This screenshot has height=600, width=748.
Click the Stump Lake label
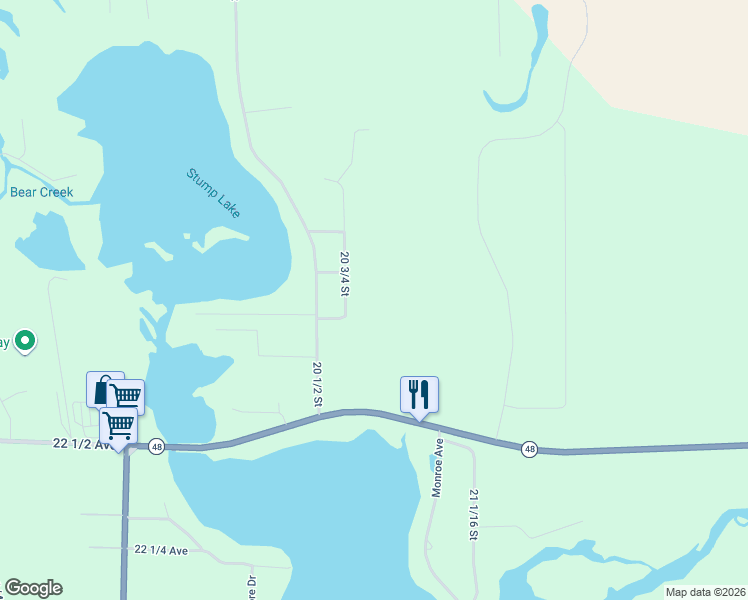213,192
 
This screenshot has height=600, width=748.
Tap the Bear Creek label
42,192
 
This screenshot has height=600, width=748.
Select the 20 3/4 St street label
345,271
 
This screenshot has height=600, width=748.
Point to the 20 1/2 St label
317,384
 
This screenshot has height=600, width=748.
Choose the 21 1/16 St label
473,515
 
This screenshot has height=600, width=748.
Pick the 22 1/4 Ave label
160,551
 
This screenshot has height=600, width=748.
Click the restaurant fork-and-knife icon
419,394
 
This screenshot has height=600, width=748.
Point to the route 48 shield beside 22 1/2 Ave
157,447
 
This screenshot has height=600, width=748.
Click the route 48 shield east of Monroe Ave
529,450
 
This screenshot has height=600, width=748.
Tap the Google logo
33,588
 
